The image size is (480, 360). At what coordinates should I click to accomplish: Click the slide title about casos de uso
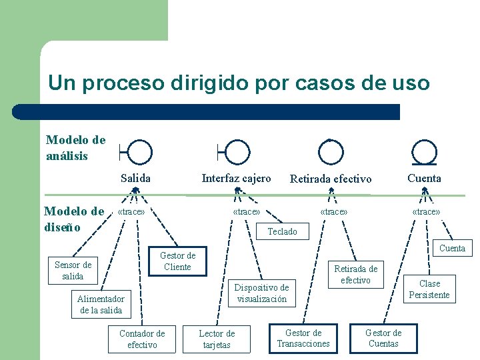[x=239, y=83]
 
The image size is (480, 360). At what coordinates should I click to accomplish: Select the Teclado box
[x=282, y=231]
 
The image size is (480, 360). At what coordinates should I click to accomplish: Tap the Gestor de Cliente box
[x=177, y=261]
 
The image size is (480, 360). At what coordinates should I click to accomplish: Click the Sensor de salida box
[x=73, y=270]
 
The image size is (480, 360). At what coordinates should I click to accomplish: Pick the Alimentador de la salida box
[x=101, y=304]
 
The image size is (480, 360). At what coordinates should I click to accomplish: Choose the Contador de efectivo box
[x=142, y=339]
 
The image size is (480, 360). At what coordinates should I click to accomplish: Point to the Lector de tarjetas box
[x=217, y=339]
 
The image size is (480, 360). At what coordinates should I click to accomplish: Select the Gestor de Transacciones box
[x=303, y=338]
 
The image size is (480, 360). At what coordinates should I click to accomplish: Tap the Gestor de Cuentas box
[x=383, y=338]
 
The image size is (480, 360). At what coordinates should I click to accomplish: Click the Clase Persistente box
[x=429, y=289]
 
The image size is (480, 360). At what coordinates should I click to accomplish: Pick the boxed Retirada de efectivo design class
[x=355, y=275]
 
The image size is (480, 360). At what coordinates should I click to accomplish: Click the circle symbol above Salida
[x=139, y=153]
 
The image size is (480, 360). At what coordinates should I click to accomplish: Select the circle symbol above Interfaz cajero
[x=237, y=153]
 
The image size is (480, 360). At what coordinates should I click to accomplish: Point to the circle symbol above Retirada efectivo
[x=331, y=153]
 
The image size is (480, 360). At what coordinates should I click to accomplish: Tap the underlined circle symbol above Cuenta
[x=425, y=153]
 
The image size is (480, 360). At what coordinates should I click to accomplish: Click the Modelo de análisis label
[x=75, y=147]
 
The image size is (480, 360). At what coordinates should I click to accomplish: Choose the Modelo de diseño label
[x=74, y=219]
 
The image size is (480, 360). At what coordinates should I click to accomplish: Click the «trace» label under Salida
[x=131, y=212]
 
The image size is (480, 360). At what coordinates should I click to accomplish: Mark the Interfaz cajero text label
[x=236, y=178]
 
